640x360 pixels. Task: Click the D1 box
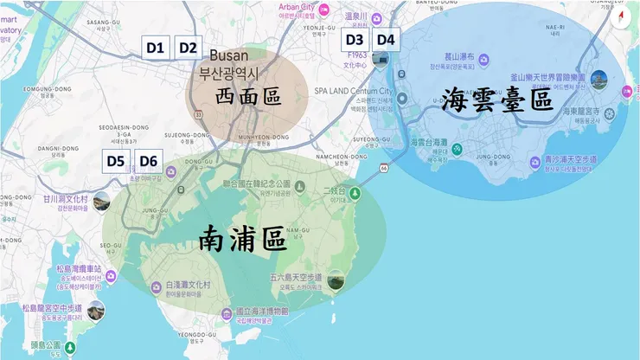point(156,48)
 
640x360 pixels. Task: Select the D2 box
point(188,48)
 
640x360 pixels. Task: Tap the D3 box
point(355,39)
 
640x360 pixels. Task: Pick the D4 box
point(386,39)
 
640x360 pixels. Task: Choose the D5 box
point(116,160)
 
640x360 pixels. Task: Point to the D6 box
point(149,160)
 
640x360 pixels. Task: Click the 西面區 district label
point(247,95)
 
